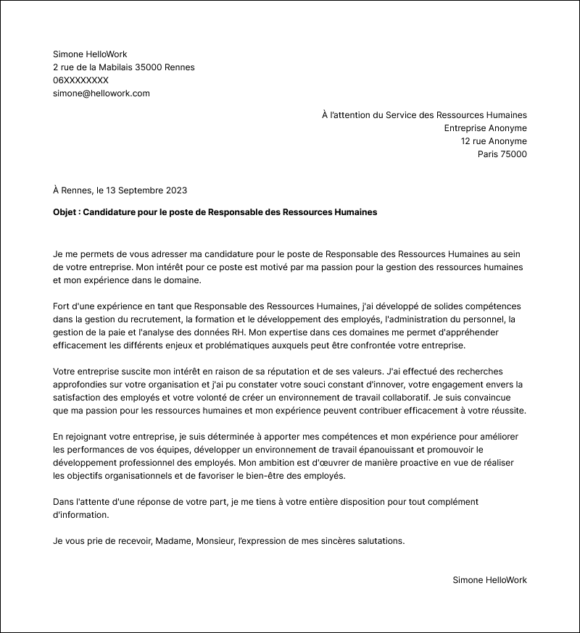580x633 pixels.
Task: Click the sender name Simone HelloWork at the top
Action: point(90,54)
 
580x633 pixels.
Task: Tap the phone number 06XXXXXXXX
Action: point(80,80)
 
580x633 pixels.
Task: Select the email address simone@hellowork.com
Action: point(101,93)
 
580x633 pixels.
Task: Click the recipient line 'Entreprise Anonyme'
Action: point(485,128)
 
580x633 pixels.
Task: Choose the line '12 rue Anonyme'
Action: point(494,141)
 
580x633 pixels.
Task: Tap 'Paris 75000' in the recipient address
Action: point(502,154)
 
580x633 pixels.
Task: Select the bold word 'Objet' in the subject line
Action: point(66,212)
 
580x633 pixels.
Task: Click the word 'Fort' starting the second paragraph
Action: point(62,306)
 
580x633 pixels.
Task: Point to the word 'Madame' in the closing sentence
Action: point(174,541)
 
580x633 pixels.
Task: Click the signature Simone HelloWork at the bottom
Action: point(489,580)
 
